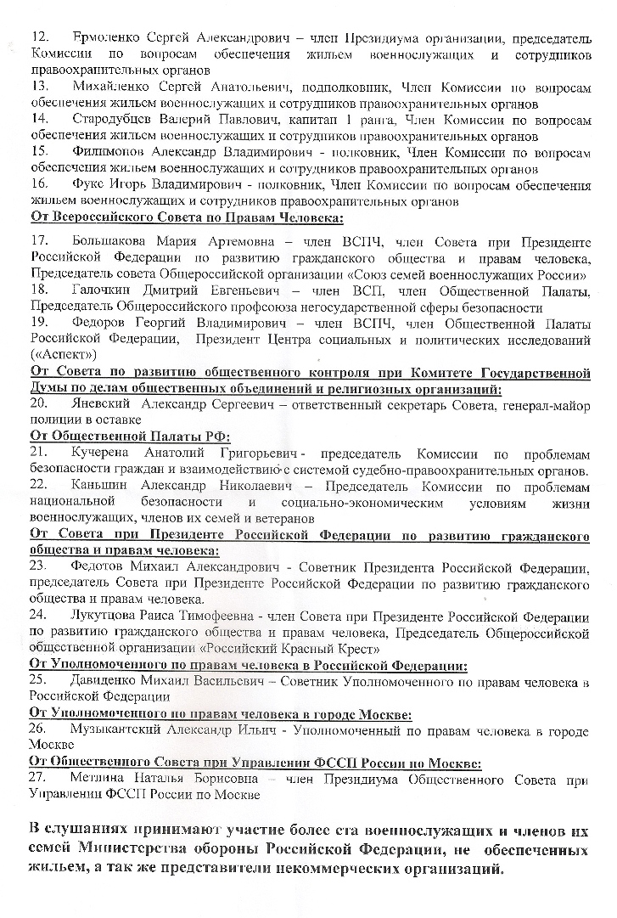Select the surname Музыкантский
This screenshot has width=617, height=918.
pyautogui.click(x=128, y=730)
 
